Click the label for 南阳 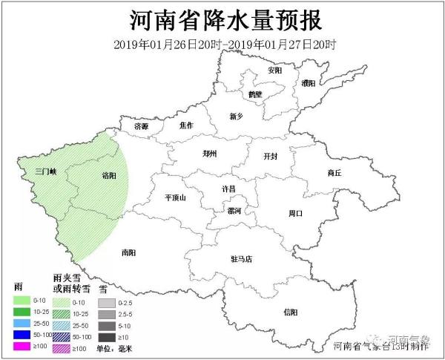pos(128,253)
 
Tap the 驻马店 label pos(242,259)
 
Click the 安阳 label pos(275,71)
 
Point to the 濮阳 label pos(309,84)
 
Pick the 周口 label pos(296,213)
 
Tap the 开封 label pos(271,157)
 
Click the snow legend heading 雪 pos(103,287)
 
